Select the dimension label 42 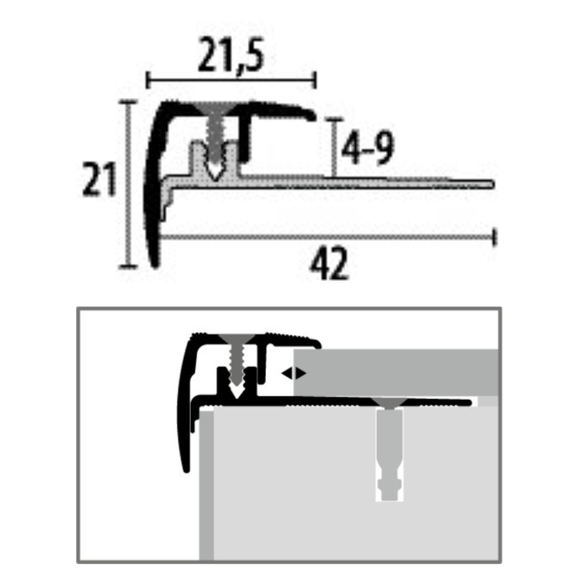pyautogui.click(x=329, y=264)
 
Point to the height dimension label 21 pyautogui.click(x=99, y=180)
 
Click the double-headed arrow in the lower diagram pyautogui.click(x=294, y=374)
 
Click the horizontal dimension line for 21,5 pyautogui.click(x=231, y=81)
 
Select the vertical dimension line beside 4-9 pyautogui.click(x=334, y=147)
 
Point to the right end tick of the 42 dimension pyautogui.click(x=495, y=237)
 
